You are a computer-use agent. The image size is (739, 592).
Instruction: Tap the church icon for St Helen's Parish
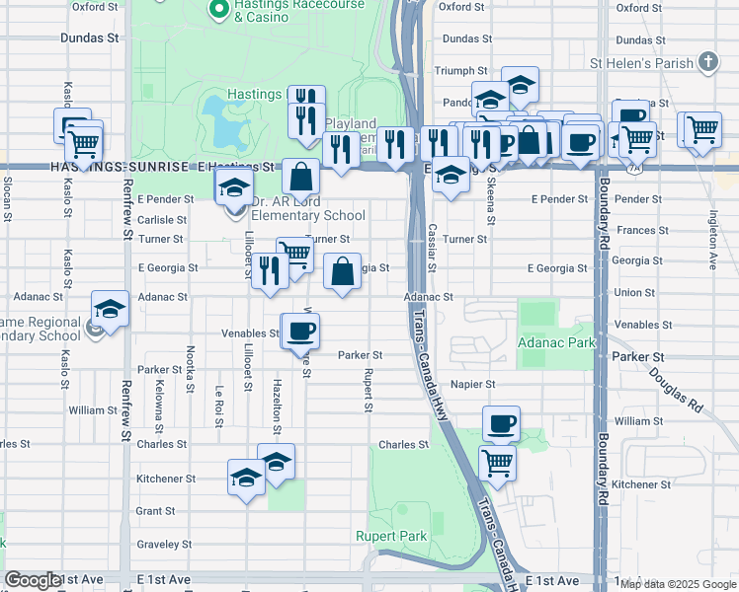pos(706,63)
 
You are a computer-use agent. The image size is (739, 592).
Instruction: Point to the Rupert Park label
pos(391,537)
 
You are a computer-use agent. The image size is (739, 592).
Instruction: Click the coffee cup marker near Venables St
pos(300,332)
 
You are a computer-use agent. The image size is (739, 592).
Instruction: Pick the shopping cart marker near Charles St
pos(498,462)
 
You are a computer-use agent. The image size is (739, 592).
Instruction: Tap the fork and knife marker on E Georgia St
pos(269,270)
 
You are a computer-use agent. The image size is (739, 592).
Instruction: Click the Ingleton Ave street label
pos(711,248)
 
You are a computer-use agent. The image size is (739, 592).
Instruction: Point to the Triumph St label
pos(461,71)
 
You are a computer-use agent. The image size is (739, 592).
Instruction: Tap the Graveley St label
pos(163,544)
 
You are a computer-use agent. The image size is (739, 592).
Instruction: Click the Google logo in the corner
pos(33,581)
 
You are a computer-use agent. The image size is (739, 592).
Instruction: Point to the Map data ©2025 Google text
pos(677,584)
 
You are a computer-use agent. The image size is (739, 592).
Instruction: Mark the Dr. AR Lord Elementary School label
pos(307,215)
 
